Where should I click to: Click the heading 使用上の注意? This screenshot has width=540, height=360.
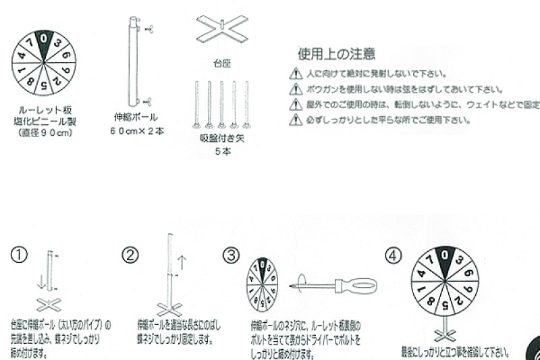click(336, 53)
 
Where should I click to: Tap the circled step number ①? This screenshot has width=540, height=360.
click(19, 255)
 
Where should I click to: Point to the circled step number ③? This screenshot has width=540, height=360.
click(232, 255)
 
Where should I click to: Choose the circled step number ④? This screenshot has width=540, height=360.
click(394, 255)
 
